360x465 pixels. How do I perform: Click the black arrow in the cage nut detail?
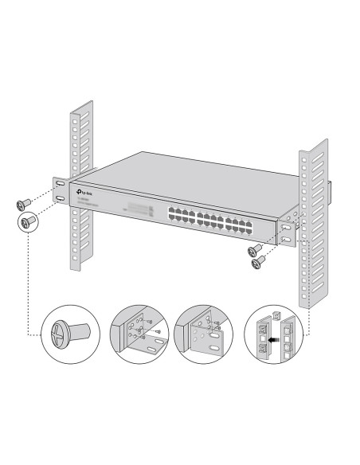(276, 338)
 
